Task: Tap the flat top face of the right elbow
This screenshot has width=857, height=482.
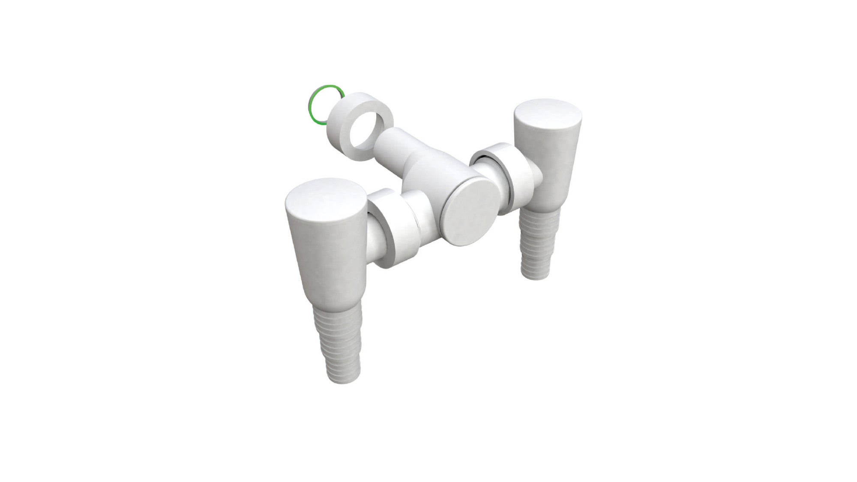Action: [x=548, y=114]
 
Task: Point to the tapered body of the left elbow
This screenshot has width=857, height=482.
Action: [x=330, y=261]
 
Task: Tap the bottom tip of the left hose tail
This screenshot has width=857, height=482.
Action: [x=344, y=379]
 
